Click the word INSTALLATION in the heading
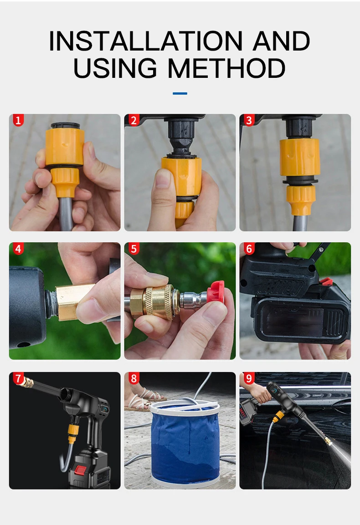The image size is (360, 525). point(146,41)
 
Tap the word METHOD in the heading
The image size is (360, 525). point(226,68)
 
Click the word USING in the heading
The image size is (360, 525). point(115,68)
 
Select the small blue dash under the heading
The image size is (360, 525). point(180,93)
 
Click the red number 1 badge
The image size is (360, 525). point(18,120)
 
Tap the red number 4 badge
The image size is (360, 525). point(18,249)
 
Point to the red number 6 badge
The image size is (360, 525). point(249,249)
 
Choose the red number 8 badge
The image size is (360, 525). point(134,378)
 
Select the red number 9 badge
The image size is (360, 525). point(249,378)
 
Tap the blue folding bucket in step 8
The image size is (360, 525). point(185,443)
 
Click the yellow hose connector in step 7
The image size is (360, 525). point(72,433)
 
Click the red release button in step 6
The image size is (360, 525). point(325,281)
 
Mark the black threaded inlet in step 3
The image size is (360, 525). point(299,127)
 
